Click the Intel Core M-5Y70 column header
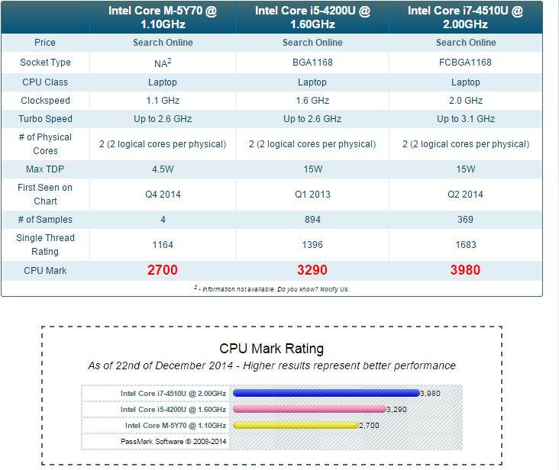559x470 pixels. point(163,18)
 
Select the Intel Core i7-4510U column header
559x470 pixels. point(465,18)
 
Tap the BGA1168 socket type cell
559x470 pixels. point(312,63)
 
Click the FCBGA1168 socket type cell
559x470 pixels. point(465,63)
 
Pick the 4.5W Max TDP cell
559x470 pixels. point(163,169)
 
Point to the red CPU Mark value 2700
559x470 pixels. point(163,270)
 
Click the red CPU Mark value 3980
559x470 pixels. point(465,270)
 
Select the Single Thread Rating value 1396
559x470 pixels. point(312,245)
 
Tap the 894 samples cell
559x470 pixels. point(312,220)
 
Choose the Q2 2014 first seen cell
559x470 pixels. point(465,195)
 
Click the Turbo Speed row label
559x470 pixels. point(45,119)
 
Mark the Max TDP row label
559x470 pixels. point(45,169)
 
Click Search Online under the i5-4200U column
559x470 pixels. point(312,43)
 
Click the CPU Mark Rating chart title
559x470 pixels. point(271,349)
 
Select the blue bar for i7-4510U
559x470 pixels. point(326,394)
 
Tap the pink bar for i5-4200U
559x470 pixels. point(310,409)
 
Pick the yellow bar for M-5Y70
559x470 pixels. point(296,425)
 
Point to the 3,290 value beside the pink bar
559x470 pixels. point(398,410)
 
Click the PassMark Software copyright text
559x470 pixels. point(173,441)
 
